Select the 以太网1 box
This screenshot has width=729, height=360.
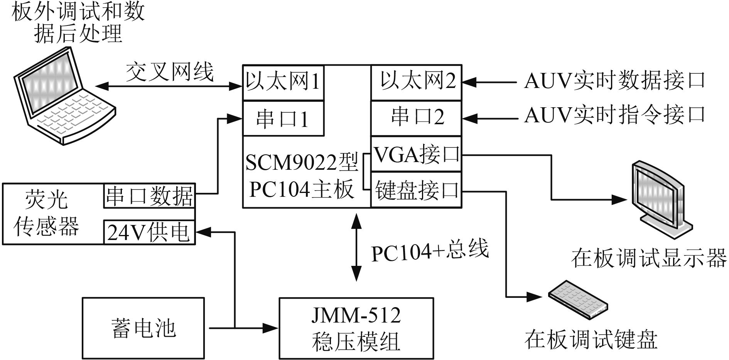tap(283, 83)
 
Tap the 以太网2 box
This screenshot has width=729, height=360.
tap(416, 83)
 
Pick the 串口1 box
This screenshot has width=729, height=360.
tap(283, 119)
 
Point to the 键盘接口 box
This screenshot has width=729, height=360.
tap(416, 190)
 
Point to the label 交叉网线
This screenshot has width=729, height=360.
tap(170, 72)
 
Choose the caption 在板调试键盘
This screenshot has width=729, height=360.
tap(591, 340)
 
